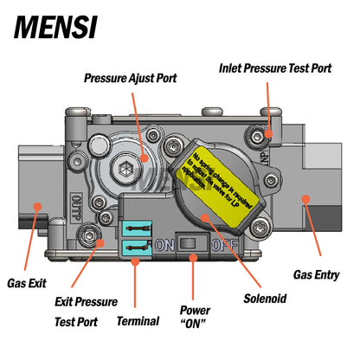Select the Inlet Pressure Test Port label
(273, 66)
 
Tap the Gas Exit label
(29, 282)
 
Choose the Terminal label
(138, 321)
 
